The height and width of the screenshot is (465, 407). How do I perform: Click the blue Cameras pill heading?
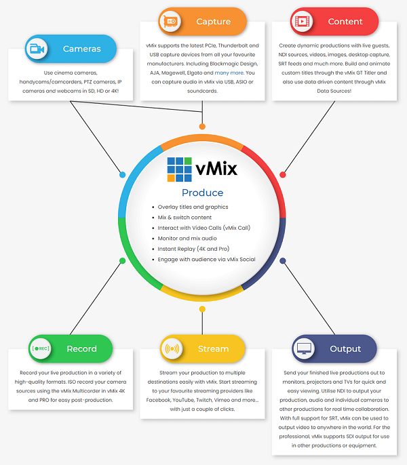71,49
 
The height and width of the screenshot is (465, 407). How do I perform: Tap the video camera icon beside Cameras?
37,49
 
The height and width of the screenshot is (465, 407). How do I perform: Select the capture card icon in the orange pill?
170,22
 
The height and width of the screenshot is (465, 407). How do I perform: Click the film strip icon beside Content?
302,22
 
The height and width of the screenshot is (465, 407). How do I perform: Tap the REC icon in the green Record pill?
41,348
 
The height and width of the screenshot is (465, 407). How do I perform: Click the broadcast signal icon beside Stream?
172,348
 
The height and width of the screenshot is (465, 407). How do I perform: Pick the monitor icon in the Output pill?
304,348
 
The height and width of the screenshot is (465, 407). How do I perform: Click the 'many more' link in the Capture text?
229,73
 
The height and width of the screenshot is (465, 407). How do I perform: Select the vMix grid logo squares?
179,169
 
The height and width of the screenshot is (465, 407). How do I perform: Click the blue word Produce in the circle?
202,193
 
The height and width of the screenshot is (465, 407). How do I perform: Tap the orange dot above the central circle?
202,127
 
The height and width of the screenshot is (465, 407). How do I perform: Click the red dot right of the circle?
283,175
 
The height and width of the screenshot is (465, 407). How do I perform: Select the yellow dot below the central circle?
202,309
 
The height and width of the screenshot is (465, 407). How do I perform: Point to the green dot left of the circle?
122,261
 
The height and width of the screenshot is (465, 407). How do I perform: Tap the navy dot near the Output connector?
283,261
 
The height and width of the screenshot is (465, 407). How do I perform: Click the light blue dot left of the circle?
122,175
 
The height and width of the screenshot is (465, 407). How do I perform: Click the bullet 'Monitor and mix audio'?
187,239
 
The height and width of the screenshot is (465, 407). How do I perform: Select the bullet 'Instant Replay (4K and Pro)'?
193,249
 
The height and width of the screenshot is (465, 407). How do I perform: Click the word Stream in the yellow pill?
214,348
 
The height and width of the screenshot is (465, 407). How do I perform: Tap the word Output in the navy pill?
345,348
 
